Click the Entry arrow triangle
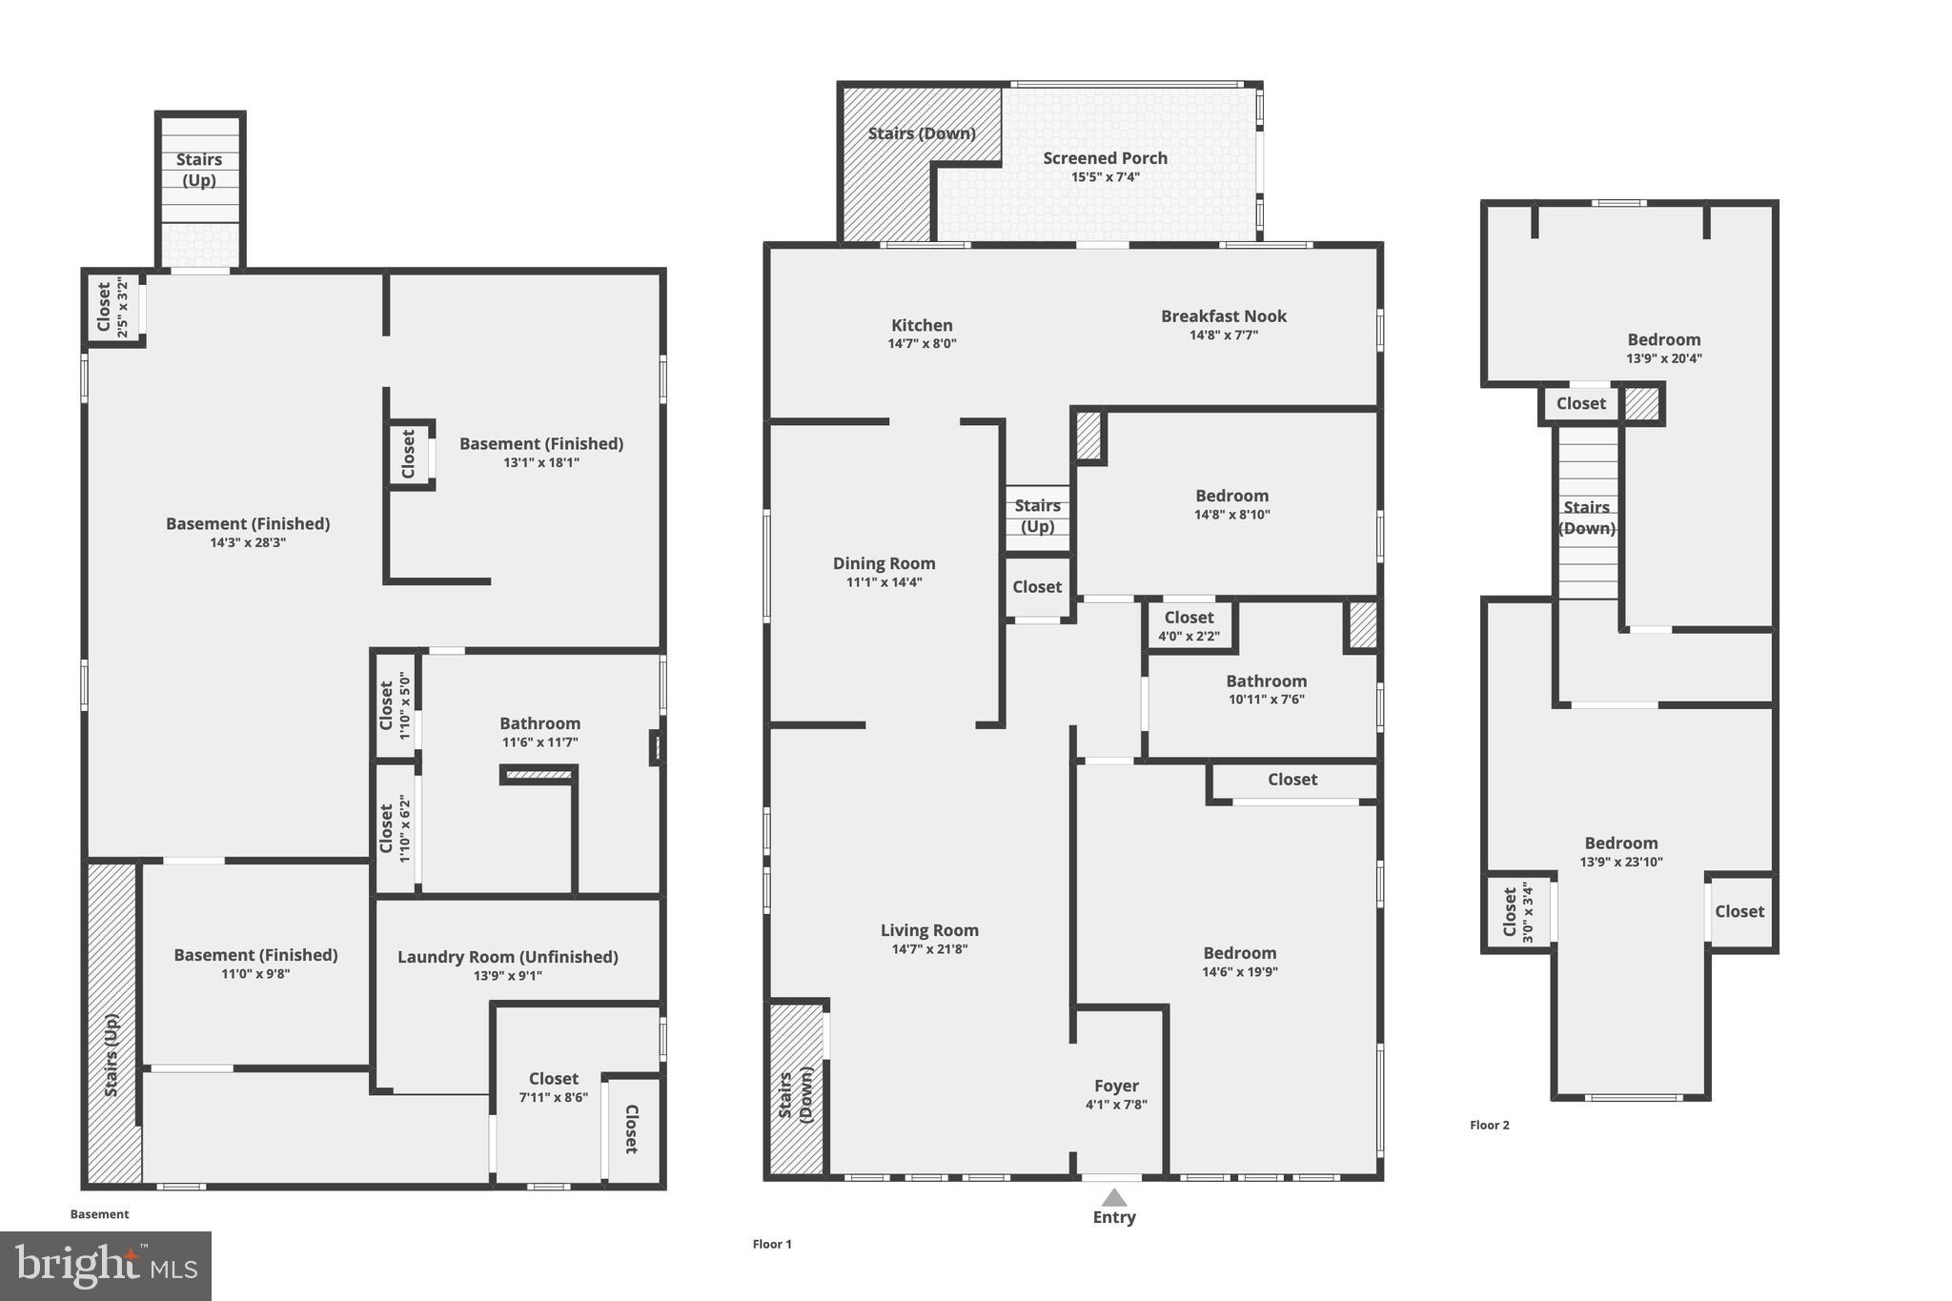click(x=1113, y=1198)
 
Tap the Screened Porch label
click(x=1105, y=158)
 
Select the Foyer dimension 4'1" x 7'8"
click(x=1116, y=1105)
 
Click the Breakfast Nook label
click(x=1223, y=316)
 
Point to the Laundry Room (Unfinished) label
click(x=507, y=957)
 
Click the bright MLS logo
click(x=106, y=1266)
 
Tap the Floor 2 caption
click(x=1489, y=1126)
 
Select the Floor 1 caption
click(x=772, y=1244)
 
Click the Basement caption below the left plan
click(x=99, y=1214)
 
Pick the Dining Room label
click(x=884, y=563)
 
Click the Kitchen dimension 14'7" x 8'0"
click(x=922, y=344)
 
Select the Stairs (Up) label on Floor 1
click(x=1037, y=516)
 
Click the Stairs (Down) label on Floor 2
click(x=1586, y=518)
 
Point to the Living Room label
click(x=928, y=930)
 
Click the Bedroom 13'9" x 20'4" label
click(x=1663, y=340)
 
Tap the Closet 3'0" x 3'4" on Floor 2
click(x=1516, y=912)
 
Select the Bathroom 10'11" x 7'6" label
click(x=1266, y=681)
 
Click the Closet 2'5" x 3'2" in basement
click(x=112, y=307)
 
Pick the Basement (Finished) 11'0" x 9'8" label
click(x=255, y=955)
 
